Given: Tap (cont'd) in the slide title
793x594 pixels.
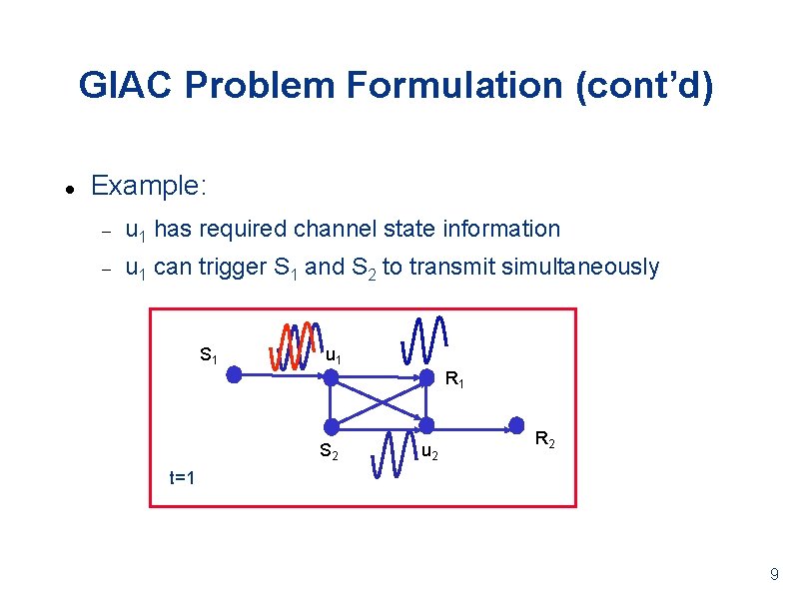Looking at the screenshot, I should point(644,86).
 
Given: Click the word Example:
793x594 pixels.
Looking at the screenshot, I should point(148,186).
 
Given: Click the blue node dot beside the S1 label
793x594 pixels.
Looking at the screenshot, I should point(234,375).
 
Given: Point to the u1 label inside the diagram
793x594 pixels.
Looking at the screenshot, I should point(336,355).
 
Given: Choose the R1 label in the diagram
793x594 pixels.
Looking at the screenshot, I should point(454,379).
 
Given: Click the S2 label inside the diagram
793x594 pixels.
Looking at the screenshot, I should point(329,451).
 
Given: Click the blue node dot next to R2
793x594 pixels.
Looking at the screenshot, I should point(517,425).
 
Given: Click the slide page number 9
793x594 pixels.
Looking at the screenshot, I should point(773,574).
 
